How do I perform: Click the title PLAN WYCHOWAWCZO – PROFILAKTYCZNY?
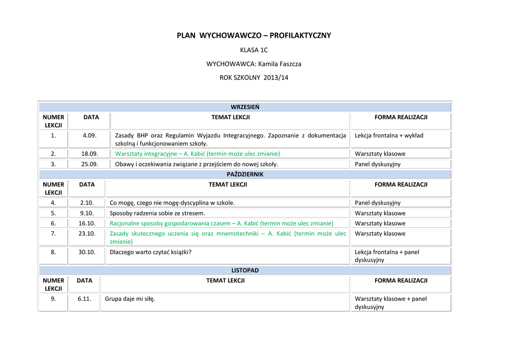coord(254,36)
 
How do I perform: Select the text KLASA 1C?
coord(254,50)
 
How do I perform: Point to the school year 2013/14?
coord(276,78)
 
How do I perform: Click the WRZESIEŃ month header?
coord(245,107)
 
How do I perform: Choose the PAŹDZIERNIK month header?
coord(245,174)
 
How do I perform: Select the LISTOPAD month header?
coord(245,271)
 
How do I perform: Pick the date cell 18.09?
coord(89,154)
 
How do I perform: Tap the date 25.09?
coord(89,164)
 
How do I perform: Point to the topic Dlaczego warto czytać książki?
coord(150,252)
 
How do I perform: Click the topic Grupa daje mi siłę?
coord(130,299)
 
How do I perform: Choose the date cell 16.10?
coord(87,223)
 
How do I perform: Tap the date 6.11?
coord(84,299)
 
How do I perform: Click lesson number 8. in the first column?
coord(53,252)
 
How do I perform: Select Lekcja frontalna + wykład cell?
coord(389,136)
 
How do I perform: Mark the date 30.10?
coord(87,252)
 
